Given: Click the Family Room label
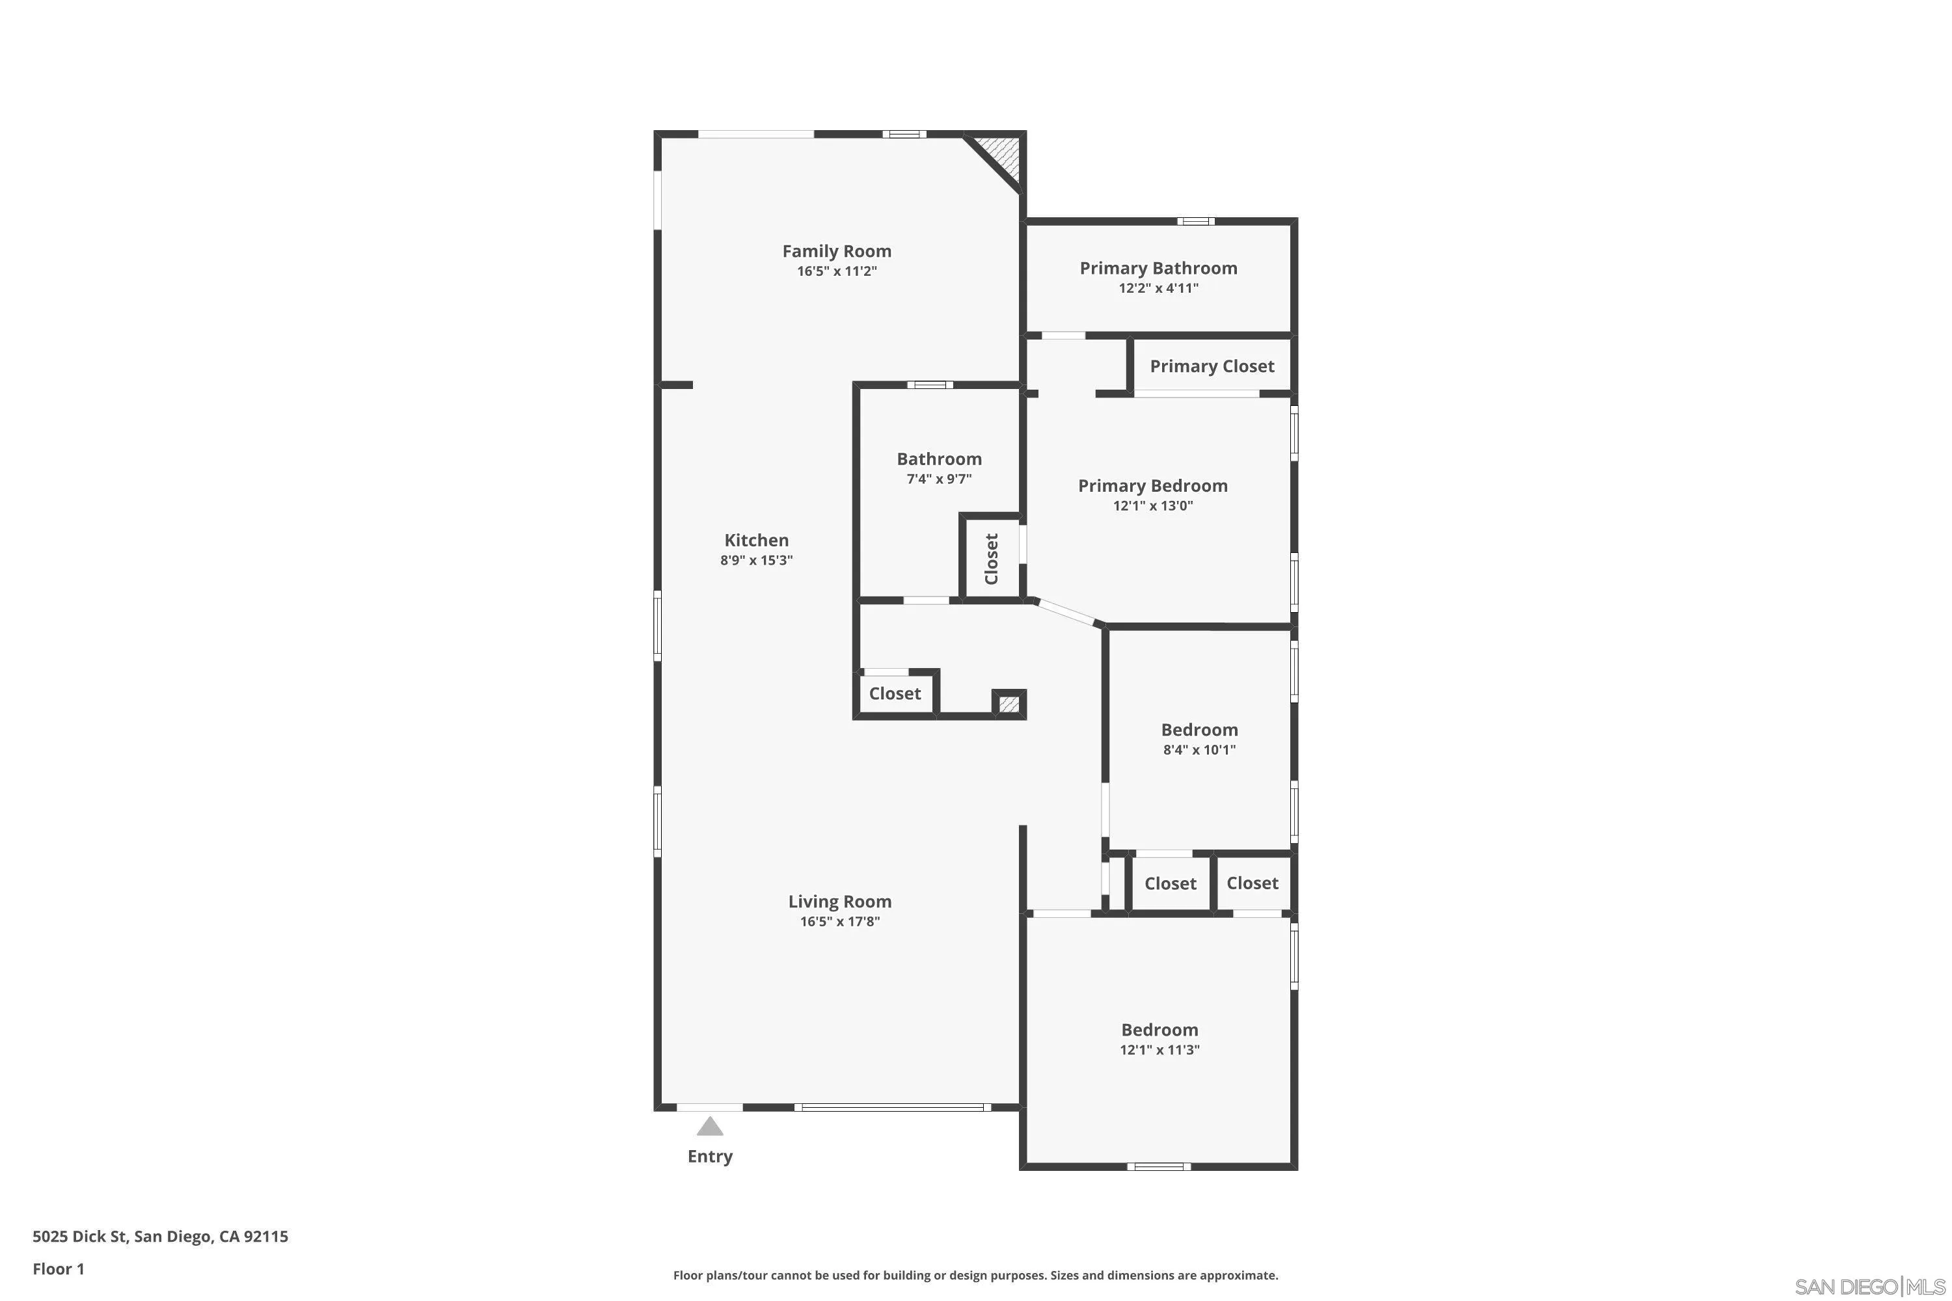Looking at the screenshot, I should click(837, 251).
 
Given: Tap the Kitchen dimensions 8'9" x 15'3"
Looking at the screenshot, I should click(756, 561).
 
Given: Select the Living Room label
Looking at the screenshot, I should click(840, 902).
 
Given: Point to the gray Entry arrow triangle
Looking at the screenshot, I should click(710, 1127).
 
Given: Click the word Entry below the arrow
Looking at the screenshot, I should click(710, 1157).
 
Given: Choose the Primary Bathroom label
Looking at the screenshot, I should click(1158, 268).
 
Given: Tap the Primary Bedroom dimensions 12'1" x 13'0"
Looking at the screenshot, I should click(1153, 506).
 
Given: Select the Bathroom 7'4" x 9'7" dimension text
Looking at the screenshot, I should click(939, 479).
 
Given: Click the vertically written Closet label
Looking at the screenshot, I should click(991, 558).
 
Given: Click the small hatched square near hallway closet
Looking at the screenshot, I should click(1009, 704).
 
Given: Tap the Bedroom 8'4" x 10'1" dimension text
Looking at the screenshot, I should click(1199, 750).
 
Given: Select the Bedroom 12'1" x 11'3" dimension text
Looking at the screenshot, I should click(1159, 1050).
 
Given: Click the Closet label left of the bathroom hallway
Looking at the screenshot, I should click(895, 693).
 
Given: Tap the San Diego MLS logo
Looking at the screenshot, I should click(1871, 1287).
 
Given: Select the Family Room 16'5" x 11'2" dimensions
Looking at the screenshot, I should click(837, 271).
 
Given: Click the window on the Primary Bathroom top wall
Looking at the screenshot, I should click(1195, 222).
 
